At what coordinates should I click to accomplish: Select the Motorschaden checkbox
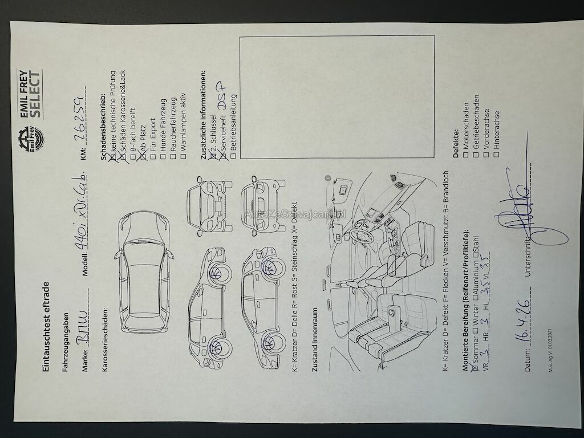coord(466,156)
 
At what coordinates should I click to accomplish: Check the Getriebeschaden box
coord(476,156)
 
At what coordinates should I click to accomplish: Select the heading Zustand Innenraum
coord(314,340)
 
